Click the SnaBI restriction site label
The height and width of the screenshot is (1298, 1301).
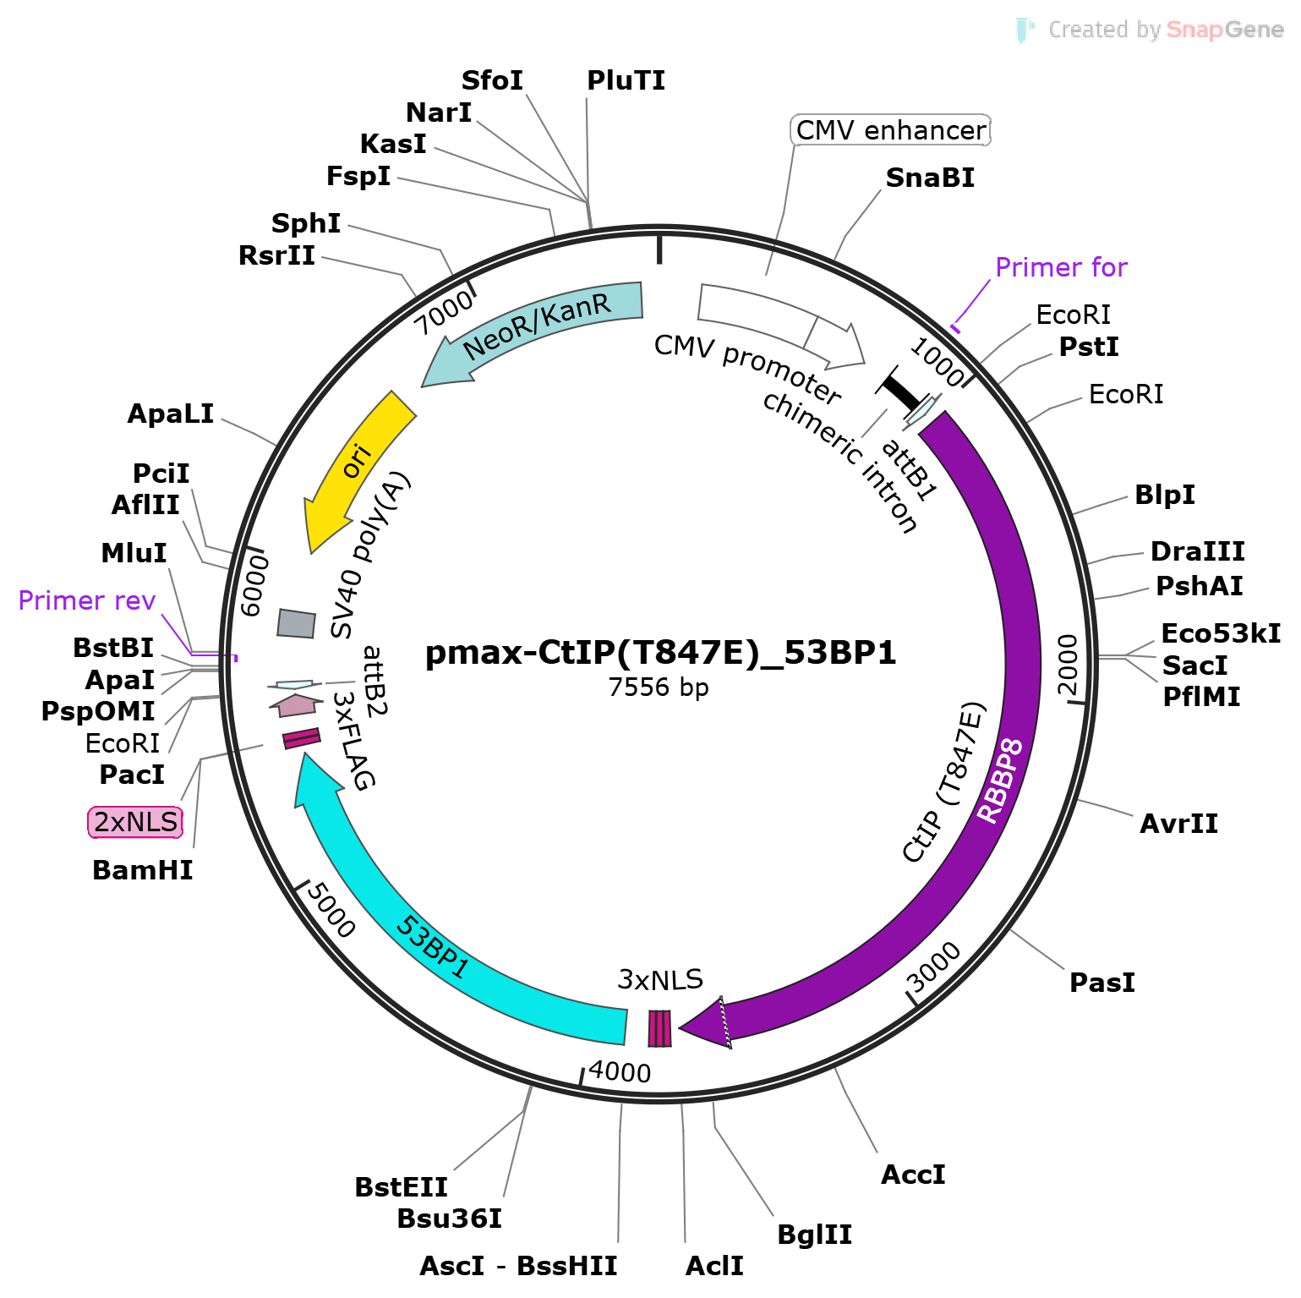pyautogui.click(x=930, y=178)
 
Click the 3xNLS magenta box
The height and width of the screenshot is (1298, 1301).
pyautogui.click(x=659, y=1028)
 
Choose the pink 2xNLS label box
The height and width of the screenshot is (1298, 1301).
pyautogui.click(x=135, y=822)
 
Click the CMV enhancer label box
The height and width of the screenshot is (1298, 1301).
pyautogui.click(x=891, y=130)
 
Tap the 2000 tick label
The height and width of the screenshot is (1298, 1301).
pyautogui.click(x=1069, y=664)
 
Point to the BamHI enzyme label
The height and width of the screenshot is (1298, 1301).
pyautogui.click(x=142, y=870)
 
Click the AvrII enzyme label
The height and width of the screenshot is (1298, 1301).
pyautogui.click(x=1178, y=824)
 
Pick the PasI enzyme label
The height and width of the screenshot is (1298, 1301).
pyautogui.click(x=1101, y=983)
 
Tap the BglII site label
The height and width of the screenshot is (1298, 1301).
pyautogui.click(x=814, y=1235)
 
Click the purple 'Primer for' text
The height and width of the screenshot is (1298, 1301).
pyautogui.click(x=1061, y=267)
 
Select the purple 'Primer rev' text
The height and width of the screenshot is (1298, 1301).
pyautogui.click(x=87, y=600)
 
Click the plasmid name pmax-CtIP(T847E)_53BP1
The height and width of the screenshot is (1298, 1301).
pyautogui.click(x=660, y=653)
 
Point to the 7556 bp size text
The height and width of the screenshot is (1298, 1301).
pyautogui.click(x=659, y=687)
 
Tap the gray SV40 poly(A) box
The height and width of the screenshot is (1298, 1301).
pyautogui.click(x=296, y=623)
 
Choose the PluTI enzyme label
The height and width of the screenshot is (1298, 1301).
pyautogui.click(x=626, y=80)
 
